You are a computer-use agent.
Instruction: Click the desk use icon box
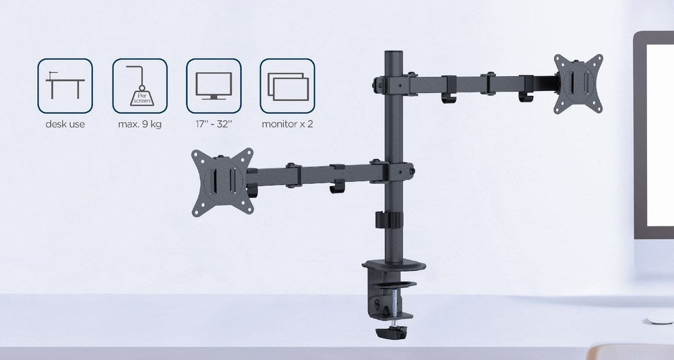[65, 86]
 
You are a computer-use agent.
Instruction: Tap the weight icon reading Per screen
[140, 86]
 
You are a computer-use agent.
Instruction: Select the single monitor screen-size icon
[214, 86]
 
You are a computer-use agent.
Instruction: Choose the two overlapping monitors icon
[288, 86]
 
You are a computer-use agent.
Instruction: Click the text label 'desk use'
[65, 124]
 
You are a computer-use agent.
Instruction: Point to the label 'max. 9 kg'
[140, 124]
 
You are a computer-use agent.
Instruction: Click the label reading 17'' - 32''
[214, 124]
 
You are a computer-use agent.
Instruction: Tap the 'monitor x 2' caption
[288, 124]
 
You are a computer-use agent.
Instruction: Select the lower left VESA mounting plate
[222, 181]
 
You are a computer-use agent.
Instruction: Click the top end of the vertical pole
[391, 53]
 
